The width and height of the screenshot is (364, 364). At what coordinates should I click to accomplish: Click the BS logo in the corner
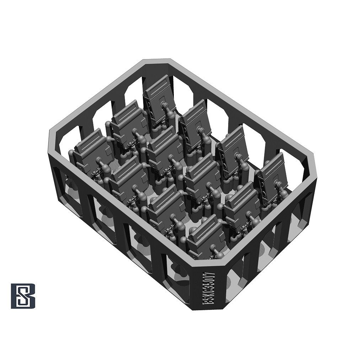point(23,296)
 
